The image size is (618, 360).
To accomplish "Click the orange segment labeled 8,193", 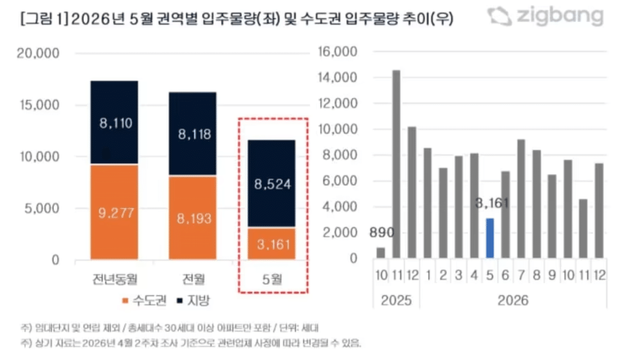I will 193,218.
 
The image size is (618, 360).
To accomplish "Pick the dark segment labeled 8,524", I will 273,183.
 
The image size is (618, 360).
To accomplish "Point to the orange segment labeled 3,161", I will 273,243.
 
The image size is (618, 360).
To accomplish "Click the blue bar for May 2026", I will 490,238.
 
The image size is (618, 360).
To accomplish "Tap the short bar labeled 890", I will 381,253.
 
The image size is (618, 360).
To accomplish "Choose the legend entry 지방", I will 193,301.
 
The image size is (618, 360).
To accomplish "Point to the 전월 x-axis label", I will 193,280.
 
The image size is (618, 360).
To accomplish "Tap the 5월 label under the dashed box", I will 273,280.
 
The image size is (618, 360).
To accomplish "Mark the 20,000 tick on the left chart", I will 39,53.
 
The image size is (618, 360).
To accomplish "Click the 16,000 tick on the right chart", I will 337,52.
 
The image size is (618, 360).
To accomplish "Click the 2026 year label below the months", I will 512,300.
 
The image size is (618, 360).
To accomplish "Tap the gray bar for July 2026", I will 521,199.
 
